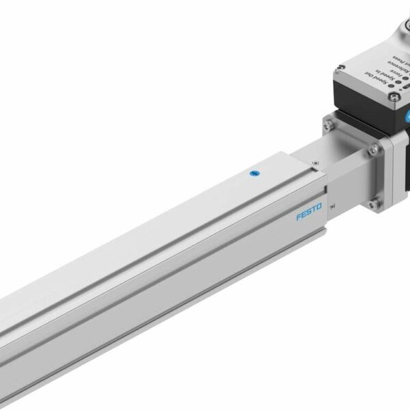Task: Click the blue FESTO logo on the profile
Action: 310,215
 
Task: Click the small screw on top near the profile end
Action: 315,163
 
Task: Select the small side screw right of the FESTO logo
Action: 333,206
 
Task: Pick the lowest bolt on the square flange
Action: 373,204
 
